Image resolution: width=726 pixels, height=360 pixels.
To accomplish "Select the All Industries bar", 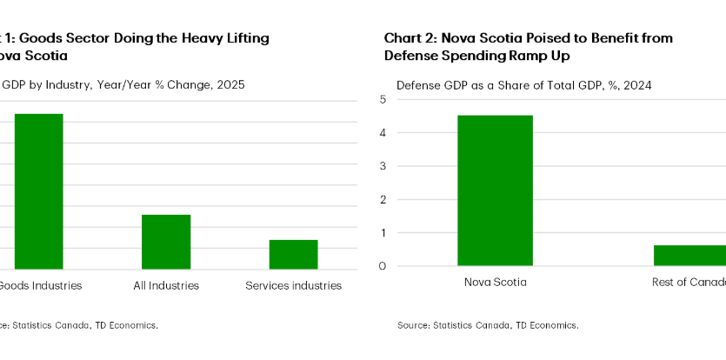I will [166, 242].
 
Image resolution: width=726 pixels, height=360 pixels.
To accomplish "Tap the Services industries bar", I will [293, 255].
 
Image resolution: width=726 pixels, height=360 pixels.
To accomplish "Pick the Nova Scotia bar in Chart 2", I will [495, 190].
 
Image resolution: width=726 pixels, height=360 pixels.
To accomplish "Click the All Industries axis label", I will [166, 285].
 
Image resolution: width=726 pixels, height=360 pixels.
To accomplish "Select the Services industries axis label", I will [293, 285].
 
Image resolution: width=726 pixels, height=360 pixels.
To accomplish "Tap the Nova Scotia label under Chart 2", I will [495, 282].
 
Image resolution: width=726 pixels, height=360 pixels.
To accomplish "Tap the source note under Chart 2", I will [487, 325].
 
